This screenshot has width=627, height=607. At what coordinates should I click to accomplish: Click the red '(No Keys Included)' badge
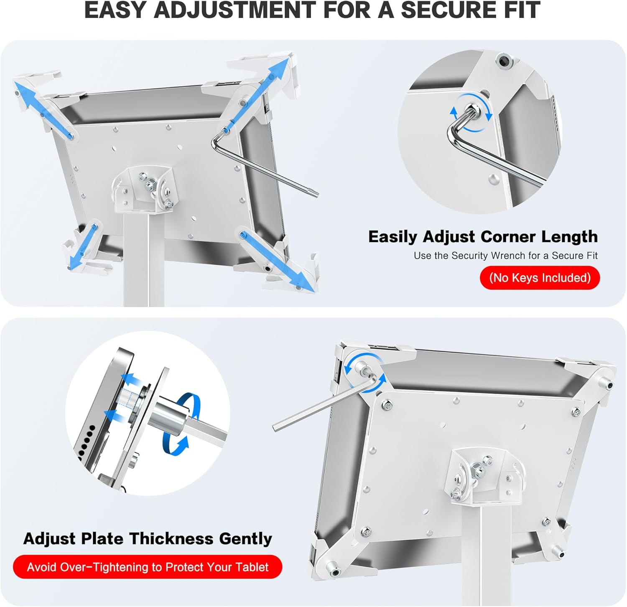539,278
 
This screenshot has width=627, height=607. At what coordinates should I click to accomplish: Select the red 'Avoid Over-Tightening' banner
148,567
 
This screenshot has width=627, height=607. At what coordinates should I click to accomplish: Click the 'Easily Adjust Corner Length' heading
483,237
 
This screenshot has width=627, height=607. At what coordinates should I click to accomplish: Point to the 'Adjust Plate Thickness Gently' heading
148,538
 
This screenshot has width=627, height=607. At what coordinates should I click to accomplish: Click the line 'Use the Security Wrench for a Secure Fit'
505,256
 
